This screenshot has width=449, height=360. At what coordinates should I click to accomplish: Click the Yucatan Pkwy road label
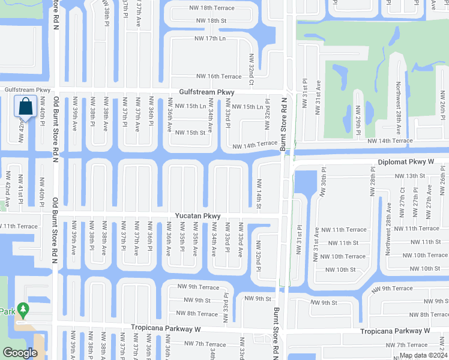pos(198,216)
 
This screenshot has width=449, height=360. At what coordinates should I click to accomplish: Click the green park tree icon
pos(23,310)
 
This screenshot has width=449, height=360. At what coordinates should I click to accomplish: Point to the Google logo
pos(20,353)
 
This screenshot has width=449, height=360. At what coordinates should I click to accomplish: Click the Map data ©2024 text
pos(423,355)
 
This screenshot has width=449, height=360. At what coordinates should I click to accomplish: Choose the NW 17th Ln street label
pos(209,38)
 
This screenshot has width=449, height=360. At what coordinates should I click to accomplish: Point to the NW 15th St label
pos(190,133)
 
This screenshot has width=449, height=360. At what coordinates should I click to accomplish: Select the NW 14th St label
pos(259,194)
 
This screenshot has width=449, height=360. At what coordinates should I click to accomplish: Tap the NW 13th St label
pos(409,176)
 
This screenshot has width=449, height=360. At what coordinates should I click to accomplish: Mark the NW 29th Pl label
pos(358,117)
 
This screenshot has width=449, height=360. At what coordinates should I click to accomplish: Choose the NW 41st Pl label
pos(20,194)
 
